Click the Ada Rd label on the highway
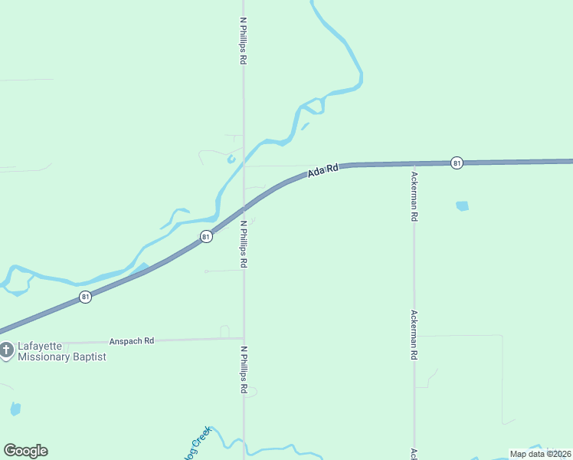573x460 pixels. pos(323,172)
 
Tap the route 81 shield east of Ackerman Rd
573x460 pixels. pos(457,163)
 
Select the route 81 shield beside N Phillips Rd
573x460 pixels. pos(206,237)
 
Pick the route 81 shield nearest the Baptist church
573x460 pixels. pos(85,297)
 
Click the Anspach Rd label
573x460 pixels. pos(132,340)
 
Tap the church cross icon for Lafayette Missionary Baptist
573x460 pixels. pos(6,351)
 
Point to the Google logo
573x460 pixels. pos(25,451)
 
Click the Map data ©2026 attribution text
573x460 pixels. pos(540,453)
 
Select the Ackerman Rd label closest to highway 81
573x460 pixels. pos(414,196)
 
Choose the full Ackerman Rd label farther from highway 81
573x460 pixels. pos(414,335)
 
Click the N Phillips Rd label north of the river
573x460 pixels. pos(243,41)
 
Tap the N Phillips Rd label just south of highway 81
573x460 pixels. pos(243,244)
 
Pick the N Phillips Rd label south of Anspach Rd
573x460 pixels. pos(244,370)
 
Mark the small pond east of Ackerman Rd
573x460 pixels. pos(461,205)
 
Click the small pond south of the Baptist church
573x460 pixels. pos(15,409)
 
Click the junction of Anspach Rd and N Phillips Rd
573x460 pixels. pos(244,338)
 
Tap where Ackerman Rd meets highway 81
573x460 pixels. pos(414,163)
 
